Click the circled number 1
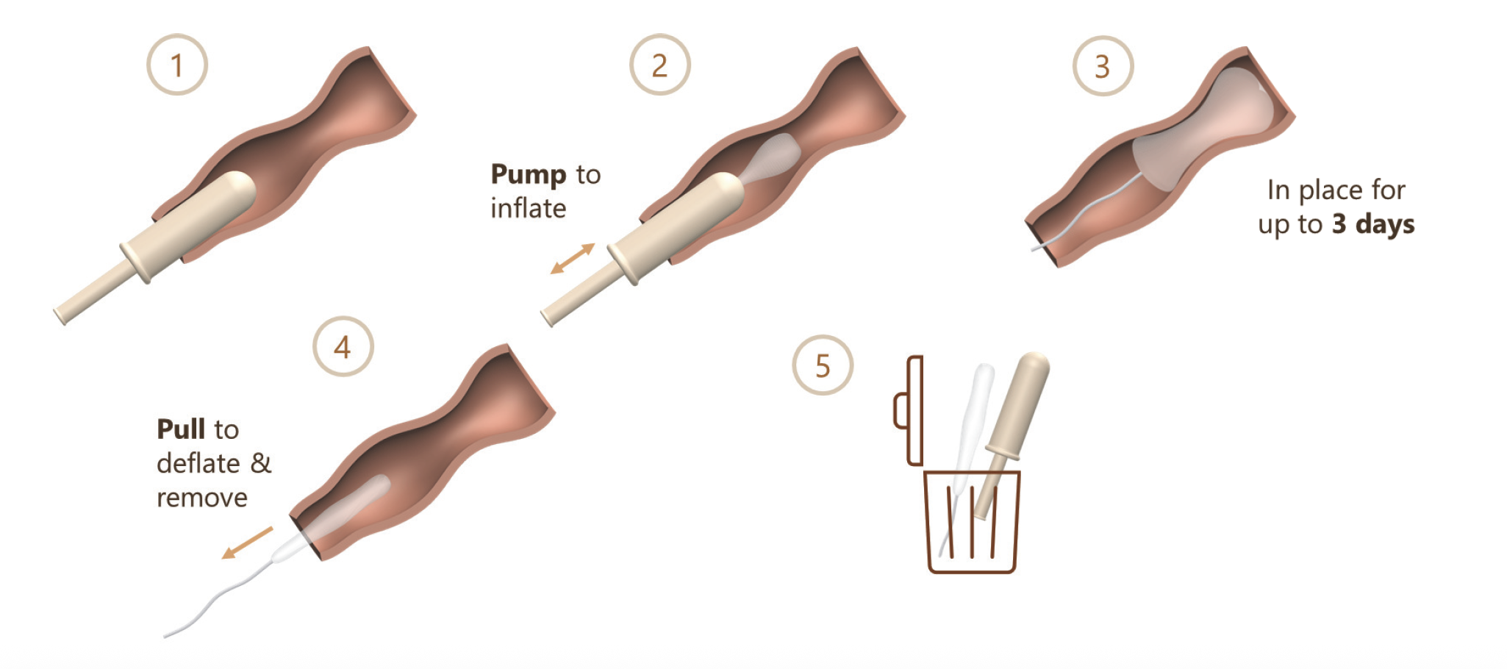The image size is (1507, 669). [177, 65]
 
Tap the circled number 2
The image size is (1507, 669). [660, 65]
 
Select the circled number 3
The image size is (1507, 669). [1103, 66]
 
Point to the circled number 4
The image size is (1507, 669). [343, 346]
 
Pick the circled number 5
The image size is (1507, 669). [823, 365]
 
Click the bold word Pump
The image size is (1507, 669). [529, 175]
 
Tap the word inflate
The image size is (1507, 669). [529, 208]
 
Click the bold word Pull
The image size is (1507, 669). [182, 429]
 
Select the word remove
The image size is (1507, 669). [202, 498]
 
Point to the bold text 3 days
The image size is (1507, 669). [1373, 223]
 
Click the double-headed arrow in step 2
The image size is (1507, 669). [573, 259]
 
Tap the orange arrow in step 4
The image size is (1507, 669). [247, 543]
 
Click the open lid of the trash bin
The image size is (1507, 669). [909, 411]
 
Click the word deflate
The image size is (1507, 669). [198, 463]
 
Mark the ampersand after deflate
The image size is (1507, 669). [261, 463]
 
